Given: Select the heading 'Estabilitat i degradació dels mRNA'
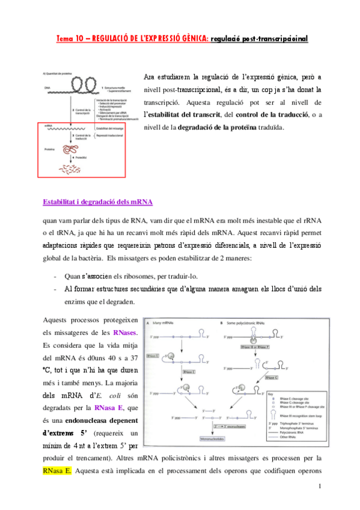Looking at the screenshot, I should (x=98, y=201).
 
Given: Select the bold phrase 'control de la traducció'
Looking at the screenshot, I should (x=273, y=114).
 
